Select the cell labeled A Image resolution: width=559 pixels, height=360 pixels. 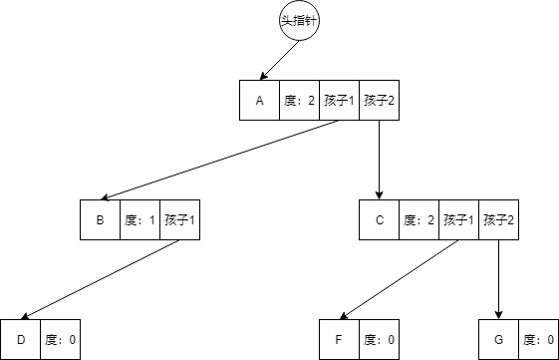[x=259, y=100]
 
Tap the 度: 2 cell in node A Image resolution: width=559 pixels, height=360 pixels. [x=299, y=100]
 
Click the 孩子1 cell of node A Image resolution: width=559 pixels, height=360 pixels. [x=339, y=100]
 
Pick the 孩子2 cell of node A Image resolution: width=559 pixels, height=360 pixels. [x=379, y=100]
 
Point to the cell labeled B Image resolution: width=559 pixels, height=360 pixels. [x=100, y=219]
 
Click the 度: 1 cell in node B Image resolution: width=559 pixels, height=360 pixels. [x=140, y=219]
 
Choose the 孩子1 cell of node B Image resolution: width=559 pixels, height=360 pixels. [x=179, y=219]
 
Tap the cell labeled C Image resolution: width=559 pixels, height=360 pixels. [x=379, y=219]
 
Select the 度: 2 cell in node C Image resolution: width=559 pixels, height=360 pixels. [x=419, y=219]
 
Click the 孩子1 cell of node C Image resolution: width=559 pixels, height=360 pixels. [x=458, y=219]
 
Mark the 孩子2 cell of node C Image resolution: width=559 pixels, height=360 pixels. [x=498, y=219]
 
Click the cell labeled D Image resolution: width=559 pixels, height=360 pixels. [x=20, y=339]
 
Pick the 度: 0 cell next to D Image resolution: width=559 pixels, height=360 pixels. [x=60, y=339]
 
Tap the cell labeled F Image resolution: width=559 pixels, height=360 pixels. [x=339, y=339]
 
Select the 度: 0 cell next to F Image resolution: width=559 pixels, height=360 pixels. [x=379, y=339]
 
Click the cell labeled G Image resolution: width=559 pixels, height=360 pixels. [x=498, y=339]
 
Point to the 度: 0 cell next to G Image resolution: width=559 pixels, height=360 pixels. [x=538, y=339]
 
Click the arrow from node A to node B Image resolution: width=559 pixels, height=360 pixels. [x=219, y=160]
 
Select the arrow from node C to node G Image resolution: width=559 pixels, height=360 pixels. [x=498, y=279]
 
